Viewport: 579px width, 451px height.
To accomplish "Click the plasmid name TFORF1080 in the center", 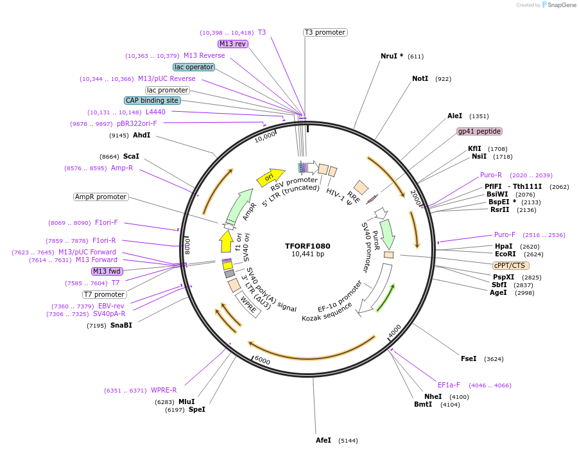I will pos(307,245).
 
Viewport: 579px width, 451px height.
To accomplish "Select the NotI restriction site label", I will pos(420,78).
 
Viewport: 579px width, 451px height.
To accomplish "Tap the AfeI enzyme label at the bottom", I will pos(324,440).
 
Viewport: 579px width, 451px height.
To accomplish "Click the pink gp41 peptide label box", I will pos(479,131).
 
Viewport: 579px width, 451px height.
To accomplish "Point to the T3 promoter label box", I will pos(325,32).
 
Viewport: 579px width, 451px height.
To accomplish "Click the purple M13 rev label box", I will pos(232,44).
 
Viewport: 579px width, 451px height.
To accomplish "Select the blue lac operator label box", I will pos(194,67).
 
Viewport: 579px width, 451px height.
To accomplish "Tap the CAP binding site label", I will pos(152,100).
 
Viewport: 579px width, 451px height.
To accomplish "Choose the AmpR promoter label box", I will pos(101,197).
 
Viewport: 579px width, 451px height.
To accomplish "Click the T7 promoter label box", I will pos(104,294).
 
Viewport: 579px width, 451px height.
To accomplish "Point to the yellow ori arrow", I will pos(270,177).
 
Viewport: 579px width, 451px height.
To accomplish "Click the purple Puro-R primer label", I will pos(491,175).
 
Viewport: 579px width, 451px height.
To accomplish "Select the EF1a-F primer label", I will pos(449,385).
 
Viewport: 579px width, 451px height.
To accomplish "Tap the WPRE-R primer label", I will pos(164,390).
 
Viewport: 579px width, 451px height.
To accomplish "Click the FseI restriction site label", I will pos(469,358).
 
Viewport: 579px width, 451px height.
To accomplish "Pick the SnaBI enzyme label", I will pos(121,325).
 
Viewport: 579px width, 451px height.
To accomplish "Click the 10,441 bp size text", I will pos(307,254).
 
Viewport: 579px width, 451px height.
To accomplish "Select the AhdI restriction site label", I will pos(141,135).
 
